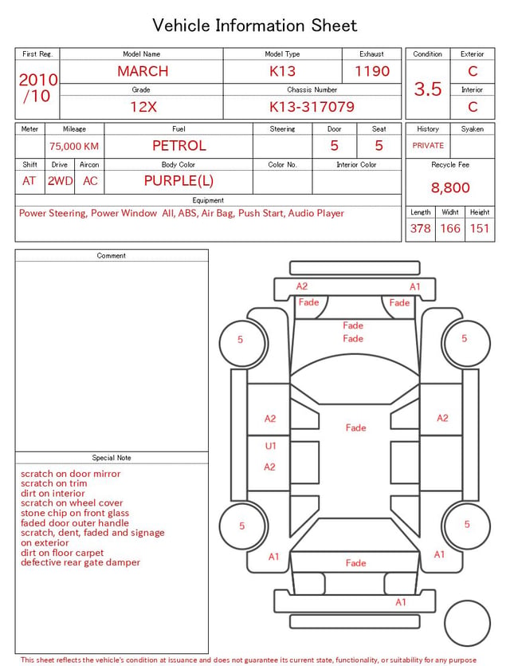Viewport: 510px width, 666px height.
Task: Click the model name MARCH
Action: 143,71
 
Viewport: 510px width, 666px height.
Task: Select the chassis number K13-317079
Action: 312,107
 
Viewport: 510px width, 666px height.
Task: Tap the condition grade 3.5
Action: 428,89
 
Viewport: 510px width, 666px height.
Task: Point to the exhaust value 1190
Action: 372,71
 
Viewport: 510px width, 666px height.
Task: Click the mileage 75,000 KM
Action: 74,147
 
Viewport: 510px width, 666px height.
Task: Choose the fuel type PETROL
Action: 179,146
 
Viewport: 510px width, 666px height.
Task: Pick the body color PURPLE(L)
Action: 178,181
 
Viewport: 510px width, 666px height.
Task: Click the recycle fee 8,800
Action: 450,187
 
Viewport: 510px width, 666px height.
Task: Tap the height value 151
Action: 480,228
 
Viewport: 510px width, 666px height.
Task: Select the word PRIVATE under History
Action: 428,146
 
